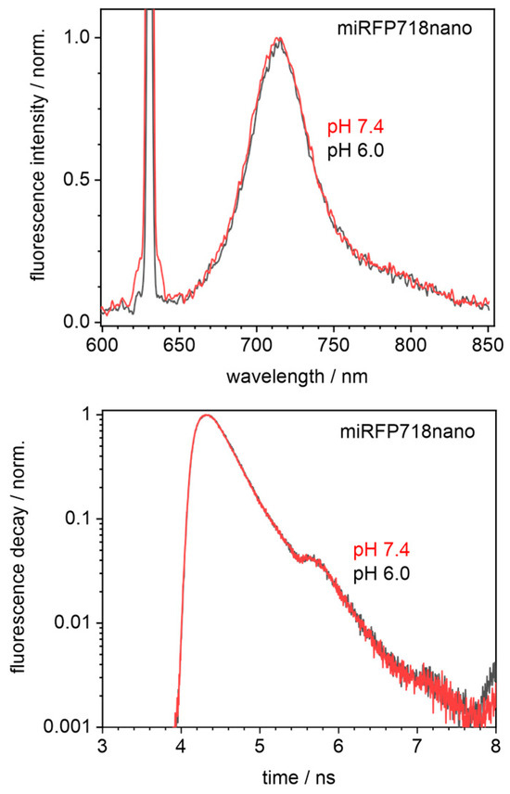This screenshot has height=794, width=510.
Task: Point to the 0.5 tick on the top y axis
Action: click(x=80, y=179)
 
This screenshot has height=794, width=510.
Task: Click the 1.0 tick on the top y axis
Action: click(x=80, y=37)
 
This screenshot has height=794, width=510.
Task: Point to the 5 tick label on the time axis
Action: click(x=260, y=746)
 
